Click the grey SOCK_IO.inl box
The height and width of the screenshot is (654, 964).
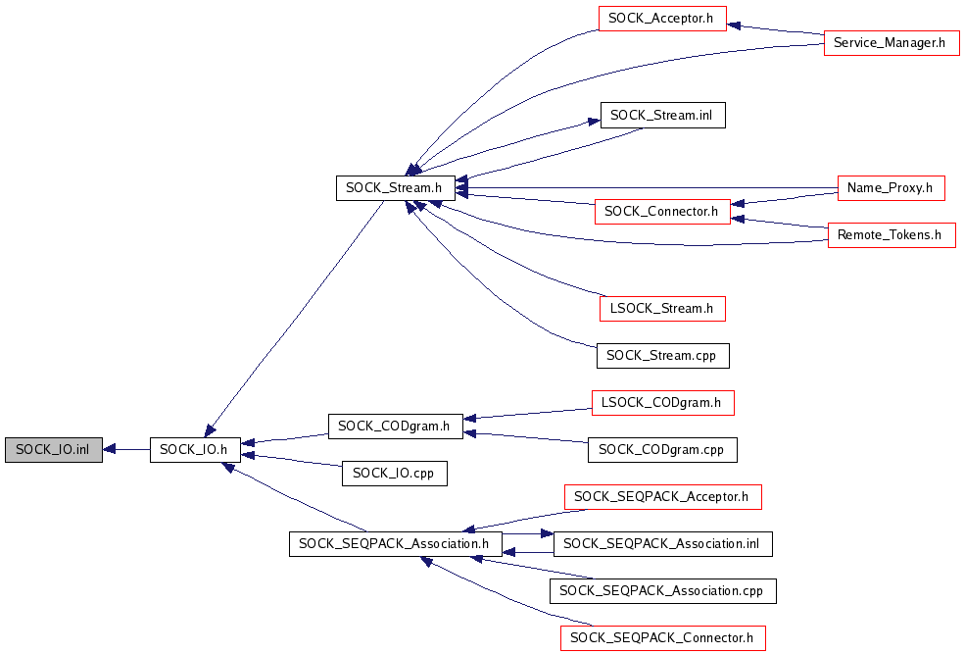coord(53,450)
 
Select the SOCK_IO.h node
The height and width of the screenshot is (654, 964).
coord(195,450)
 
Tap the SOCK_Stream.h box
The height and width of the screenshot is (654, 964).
coord(395,188)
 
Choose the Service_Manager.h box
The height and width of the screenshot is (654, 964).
coord(891,42)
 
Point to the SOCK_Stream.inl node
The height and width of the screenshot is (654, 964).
coord(662,115)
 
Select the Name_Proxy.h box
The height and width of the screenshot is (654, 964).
coord(891,187)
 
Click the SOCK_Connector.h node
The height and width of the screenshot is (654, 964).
coord(661,211)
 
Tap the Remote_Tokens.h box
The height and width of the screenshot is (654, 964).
coord(891,235)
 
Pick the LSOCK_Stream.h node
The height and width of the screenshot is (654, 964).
coord(662,308)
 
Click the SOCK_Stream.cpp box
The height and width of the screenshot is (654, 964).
coord(662,355)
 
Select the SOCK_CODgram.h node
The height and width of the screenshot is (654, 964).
coord(394,426)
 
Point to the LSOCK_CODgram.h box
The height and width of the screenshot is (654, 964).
coord(662,402)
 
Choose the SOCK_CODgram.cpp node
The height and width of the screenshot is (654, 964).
coord(662,450)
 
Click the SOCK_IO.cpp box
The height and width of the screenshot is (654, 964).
coord(394,474)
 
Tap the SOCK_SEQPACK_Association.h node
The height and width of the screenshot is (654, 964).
coord(395,544)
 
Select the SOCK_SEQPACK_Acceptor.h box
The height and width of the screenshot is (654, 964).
coord(662,497)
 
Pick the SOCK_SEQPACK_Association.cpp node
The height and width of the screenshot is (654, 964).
coord(662,591)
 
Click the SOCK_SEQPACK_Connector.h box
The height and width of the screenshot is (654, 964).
coord(662,638)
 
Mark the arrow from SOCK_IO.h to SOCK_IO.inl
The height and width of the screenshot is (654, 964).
coord(126,450)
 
